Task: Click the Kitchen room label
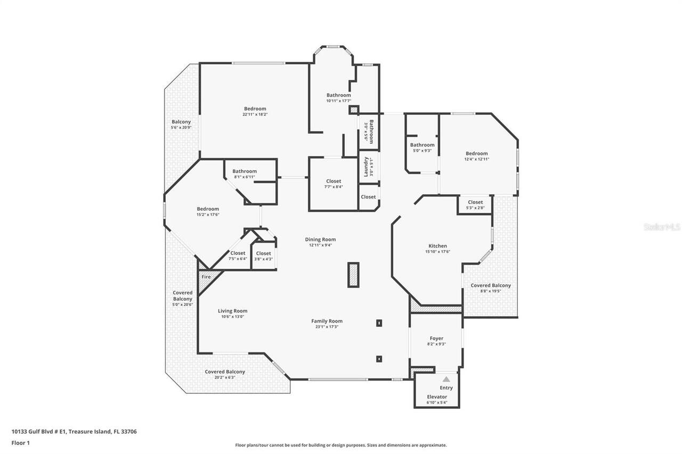[x=437, y=246]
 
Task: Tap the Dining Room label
[x=320, y=240]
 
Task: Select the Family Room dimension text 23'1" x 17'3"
[x=327, y=327]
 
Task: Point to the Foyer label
[x=436, y=339]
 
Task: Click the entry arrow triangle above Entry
[x=446, y=379]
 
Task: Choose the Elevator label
[x=437, y=397]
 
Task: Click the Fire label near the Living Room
[x=205, y=277]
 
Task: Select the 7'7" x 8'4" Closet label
[x=334, y=181]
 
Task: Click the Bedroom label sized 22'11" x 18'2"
[x=255, y=109]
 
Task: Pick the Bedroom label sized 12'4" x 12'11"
[x=476, y=153]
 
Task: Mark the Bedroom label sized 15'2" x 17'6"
[x=208, y=209]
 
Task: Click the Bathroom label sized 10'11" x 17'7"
[x=338, y=95]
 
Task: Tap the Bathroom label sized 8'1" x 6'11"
[x=245, y=171]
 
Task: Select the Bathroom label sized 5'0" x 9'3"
[x=422, y=145]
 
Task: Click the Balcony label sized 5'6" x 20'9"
[x=181, y=122]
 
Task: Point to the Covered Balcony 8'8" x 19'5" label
[x=490, y=285]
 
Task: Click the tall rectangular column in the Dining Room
[x=353, y=275]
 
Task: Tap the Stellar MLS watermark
[x=662, y=227]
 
